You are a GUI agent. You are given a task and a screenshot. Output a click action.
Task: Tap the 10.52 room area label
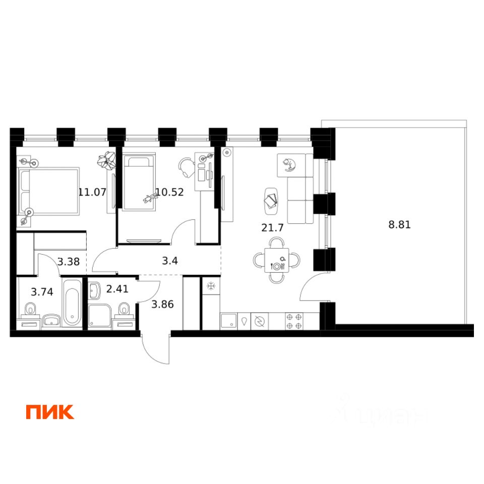coord(169,192)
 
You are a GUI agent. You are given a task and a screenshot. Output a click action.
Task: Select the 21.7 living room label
coord(273,227)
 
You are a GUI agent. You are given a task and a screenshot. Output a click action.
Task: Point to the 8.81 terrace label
coord(399,225)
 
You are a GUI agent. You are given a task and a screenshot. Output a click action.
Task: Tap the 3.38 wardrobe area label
coord(69,261)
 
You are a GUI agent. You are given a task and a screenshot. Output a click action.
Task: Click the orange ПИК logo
coord(50,412)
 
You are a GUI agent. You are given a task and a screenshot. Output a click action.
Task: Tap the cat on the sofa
coord(289,164)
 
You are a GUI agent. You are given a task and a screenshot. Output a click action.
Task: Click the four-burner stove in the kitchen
coord(293,321)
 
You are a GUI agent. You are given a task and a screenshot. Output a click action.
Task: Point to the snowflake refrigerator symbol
coord(211,287)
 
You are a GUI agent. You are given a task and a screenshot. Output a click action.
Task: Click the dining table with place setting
coord(276,261)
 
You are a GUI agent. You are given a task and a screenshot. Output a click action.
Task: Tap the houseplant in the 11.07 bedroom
coord(107,161)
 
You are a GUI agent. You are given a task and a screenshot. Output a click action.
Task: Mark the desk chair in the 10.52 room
coord(187,167)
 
